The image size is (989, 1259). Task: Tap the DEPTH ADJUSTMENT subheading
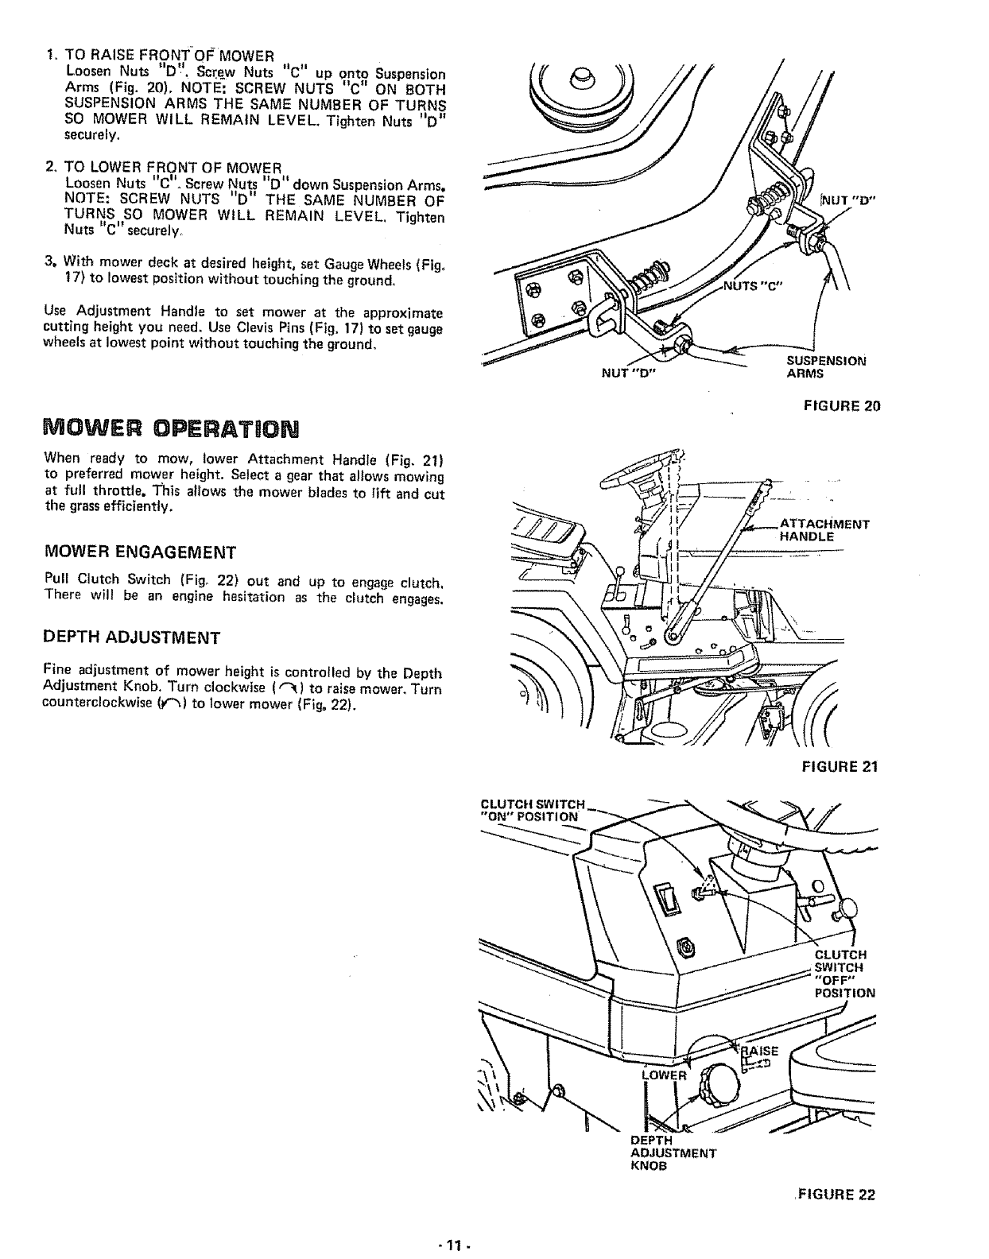click(131, 637)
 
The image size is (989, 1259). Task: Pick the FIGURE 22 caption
click(835, 1195)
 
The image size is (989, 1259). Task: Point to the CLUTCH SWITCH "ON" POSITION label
click(533, 810)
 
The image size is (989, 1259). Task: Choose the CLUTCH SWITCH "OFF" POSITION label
click(839, 974)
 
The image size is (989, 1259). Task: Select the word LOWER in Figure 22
click(663, 1076)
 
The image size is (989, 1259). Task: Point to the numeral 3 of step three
click(50, 261)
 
